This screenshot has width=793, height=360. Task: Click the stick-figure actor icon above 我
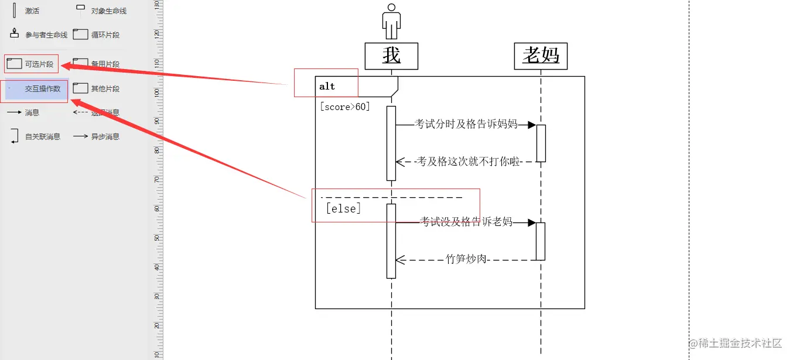point(391,21)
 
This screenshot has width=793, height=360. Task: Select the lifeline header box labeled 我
point(391,56)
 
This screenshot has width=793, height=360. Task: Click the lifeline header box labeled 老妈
point(541,56)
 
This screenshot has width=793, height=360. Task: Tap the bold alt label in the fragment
point(327,87)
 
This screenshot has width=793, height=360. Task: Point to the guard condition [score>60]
point(345,107)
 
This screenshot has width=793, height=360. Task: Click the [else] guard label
point(343,208)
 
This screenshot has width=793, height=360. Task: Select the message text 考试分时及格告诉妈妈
point(466,124)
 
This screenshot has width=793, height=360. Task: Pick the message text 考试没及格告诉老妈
point(466,222)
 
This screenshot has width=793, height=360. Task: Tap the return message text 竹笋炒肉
point(467,259)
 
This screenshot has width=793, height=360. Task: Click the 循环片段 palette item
point(97,35)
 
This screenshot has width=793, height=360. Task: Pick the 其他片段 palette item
point(97,89)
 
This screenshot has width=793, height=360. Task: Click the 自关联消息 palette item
point(35,137)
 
